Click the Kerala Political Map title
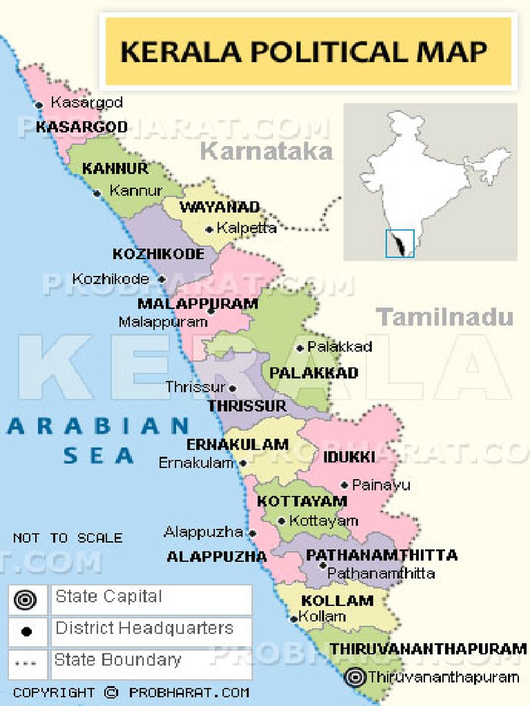click(304, 52)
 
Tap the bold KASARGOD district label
click(81, 127)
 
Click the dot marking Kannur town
click(97, 193)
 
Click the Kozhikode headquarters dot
click(161, 280)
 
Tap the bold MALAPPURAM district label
click(197, 304)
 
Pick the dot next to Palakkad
click(300, 348)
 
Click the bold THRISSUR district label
click(247, 406)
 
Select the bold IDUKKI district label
click(349, 456)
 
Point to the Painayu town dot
click(344, 485)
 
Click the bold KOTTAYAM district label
click(302, 501)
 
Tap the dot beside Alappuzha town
click(253, 533)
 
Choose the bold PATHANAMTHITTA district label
click(382, 555)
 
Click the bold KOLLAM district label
click(337, 601)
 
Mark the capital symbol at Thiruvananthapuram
click(356, 677)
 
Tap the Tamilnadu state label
click(445, 317)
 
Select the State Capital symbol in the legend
click(26, 600)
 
